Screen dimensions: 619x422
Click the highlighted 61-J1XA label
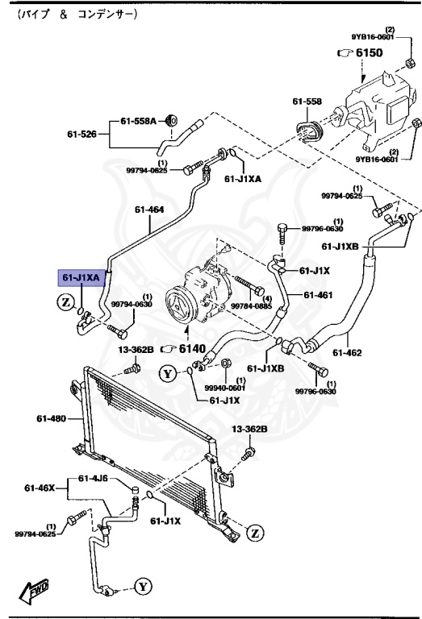pyautogui.click(x=81, y=278)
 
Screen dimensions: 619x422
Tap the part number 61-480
pyautogui.click(x=49, y=418)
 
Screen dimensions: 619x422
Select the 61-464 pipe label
pyautogui.click(x=149, y=210)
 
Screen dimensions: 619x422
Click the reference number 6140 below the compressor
pyautogui.click(x=194, y=349)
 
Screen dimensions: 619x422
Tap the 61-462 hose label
pyautogui.click(x=350, y=352)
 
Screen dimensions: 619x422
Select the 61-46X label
pyautogui.click(x=40, y=488)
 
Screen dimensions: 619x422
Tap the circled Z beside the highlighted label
pyautogui.click(x=65, y=301)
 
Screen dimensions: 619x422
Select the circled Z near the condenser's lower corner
pyautogui.click(x=255, y=533)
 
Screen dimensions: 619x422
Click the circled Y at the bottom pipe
pyautogui.click(x=142, y=586)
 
